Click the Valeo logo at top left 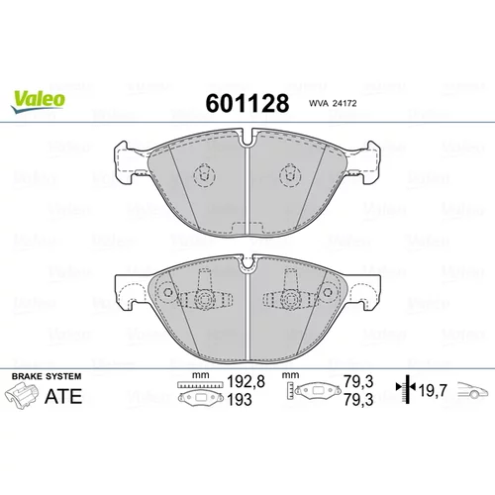(x=38, y=102)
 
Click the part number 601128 (x=247, y=103)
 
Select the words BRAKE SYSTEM (x=47, y=376)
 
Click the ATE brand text (x=63, y=396)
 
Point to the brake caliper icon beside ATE (x=21, y=396)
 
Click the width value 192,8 (x=246, y=382)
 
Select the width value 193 (x=240, y=400)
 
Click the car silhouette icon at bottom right (x=472, y=390)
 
